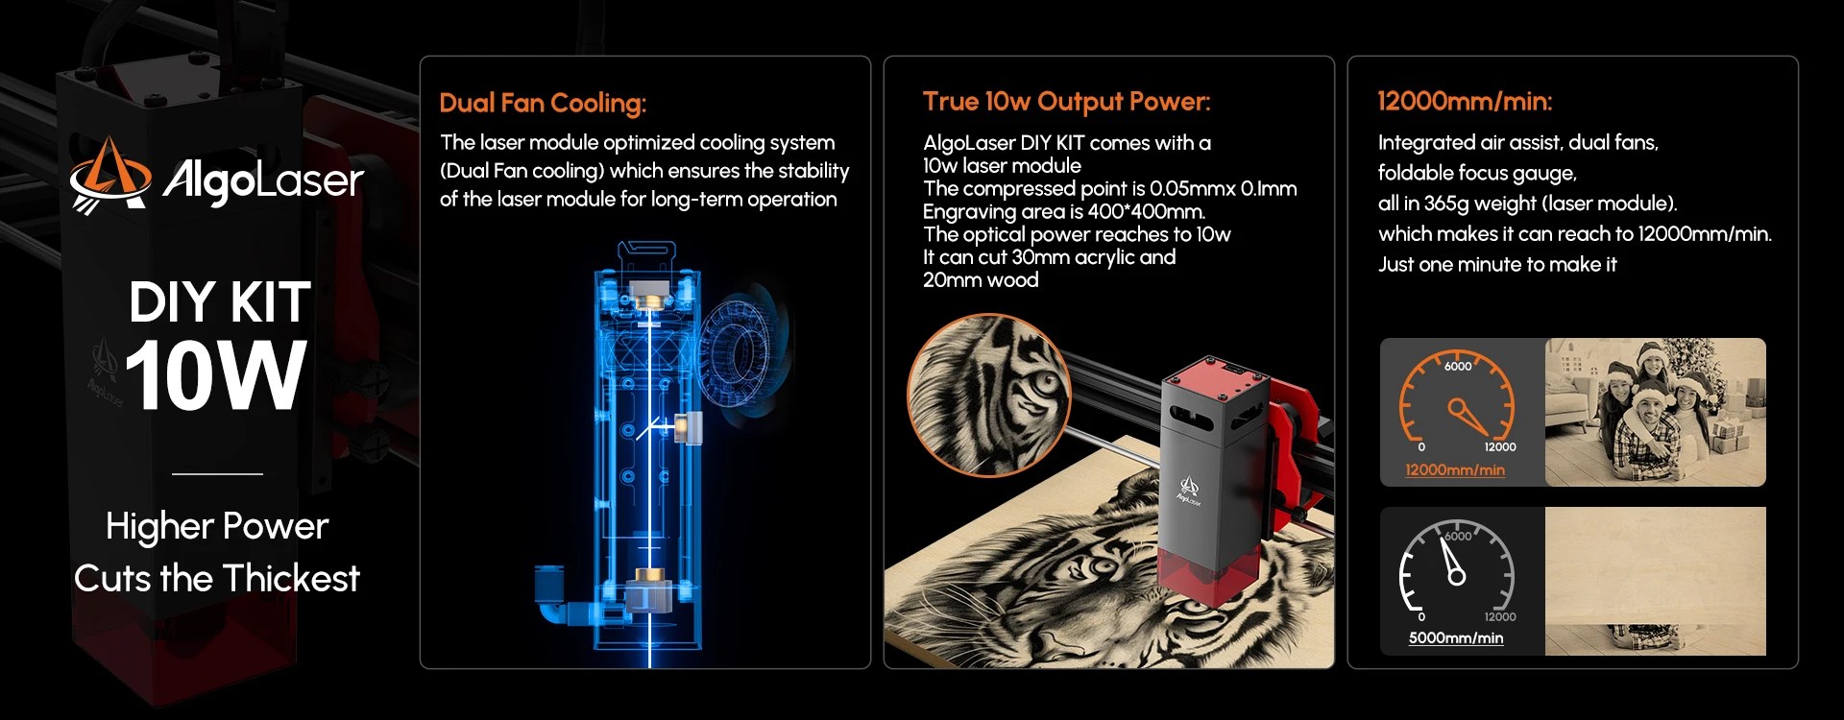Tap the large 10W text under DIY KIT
coord(216,376)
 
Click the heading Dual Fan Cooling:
coord(543,104)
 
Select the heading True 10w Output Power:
coord(1066,102)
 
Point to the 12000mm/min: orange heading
coord(1465,102)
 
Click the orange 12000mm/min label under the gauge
coord(1455,469)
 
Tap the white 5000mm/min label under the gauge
coord(1456,638)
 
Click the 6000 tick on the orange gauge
coord(1458,366)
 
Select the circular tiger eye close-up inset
coord(988,395)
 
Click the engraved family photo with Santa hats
coord(1655,412)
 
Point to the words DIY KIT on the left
coord(220,302)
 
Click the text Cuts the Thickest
coord(217,579)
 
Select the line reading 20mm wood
coord(981,280)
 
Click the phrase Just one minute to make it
coord(1497,265)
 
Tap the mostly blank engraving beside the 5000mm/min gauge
coord(1655,582)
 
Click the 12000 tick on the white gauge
coord(1500,617)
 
